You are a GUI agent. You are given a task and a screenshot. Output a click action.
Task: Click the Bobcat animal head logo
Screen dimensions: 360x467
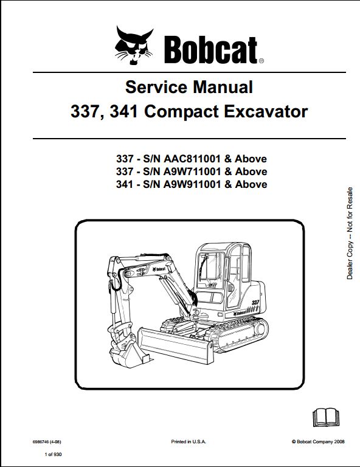(x=134, y=46)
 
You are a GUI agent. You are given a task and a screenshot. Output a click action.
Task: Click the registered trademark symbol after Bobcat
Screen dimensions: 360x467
(x=261, y=61)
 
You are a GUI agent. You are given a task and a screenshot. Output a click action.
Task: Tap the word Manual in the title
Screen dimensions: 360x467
(x=223, y=88)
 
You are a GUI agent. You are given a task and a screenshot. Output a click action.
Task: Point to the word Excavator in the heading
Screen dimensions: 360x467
(x=266, y=112)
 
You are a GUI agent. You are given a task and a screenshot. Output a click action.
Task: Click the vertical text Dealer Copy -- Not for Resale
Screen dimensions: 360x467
(x=350, y=233)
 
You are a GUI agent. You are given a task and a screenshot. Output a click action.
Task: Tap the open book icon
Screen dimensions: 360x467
(x=326, y=417)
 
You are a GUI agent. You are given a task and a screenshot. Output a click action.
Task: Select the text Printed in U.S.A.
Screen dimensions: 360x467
(x=189, y=441)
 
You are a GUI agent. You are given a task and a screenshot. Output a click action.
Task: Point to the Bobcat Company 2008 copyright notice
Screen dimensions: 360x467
(x=318, y=441)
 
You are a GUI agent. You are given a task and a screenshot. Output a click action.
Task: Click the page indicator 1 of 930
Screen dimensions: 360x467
(x=54, y=454)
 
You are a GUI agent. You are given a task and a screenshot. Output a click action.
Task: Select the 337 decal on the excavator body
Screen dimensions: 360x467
(x=255, y=303)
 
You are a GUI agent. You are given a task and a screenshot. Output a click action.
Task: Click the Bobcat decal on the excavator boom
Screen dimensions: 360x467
(x=159, y=269)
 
